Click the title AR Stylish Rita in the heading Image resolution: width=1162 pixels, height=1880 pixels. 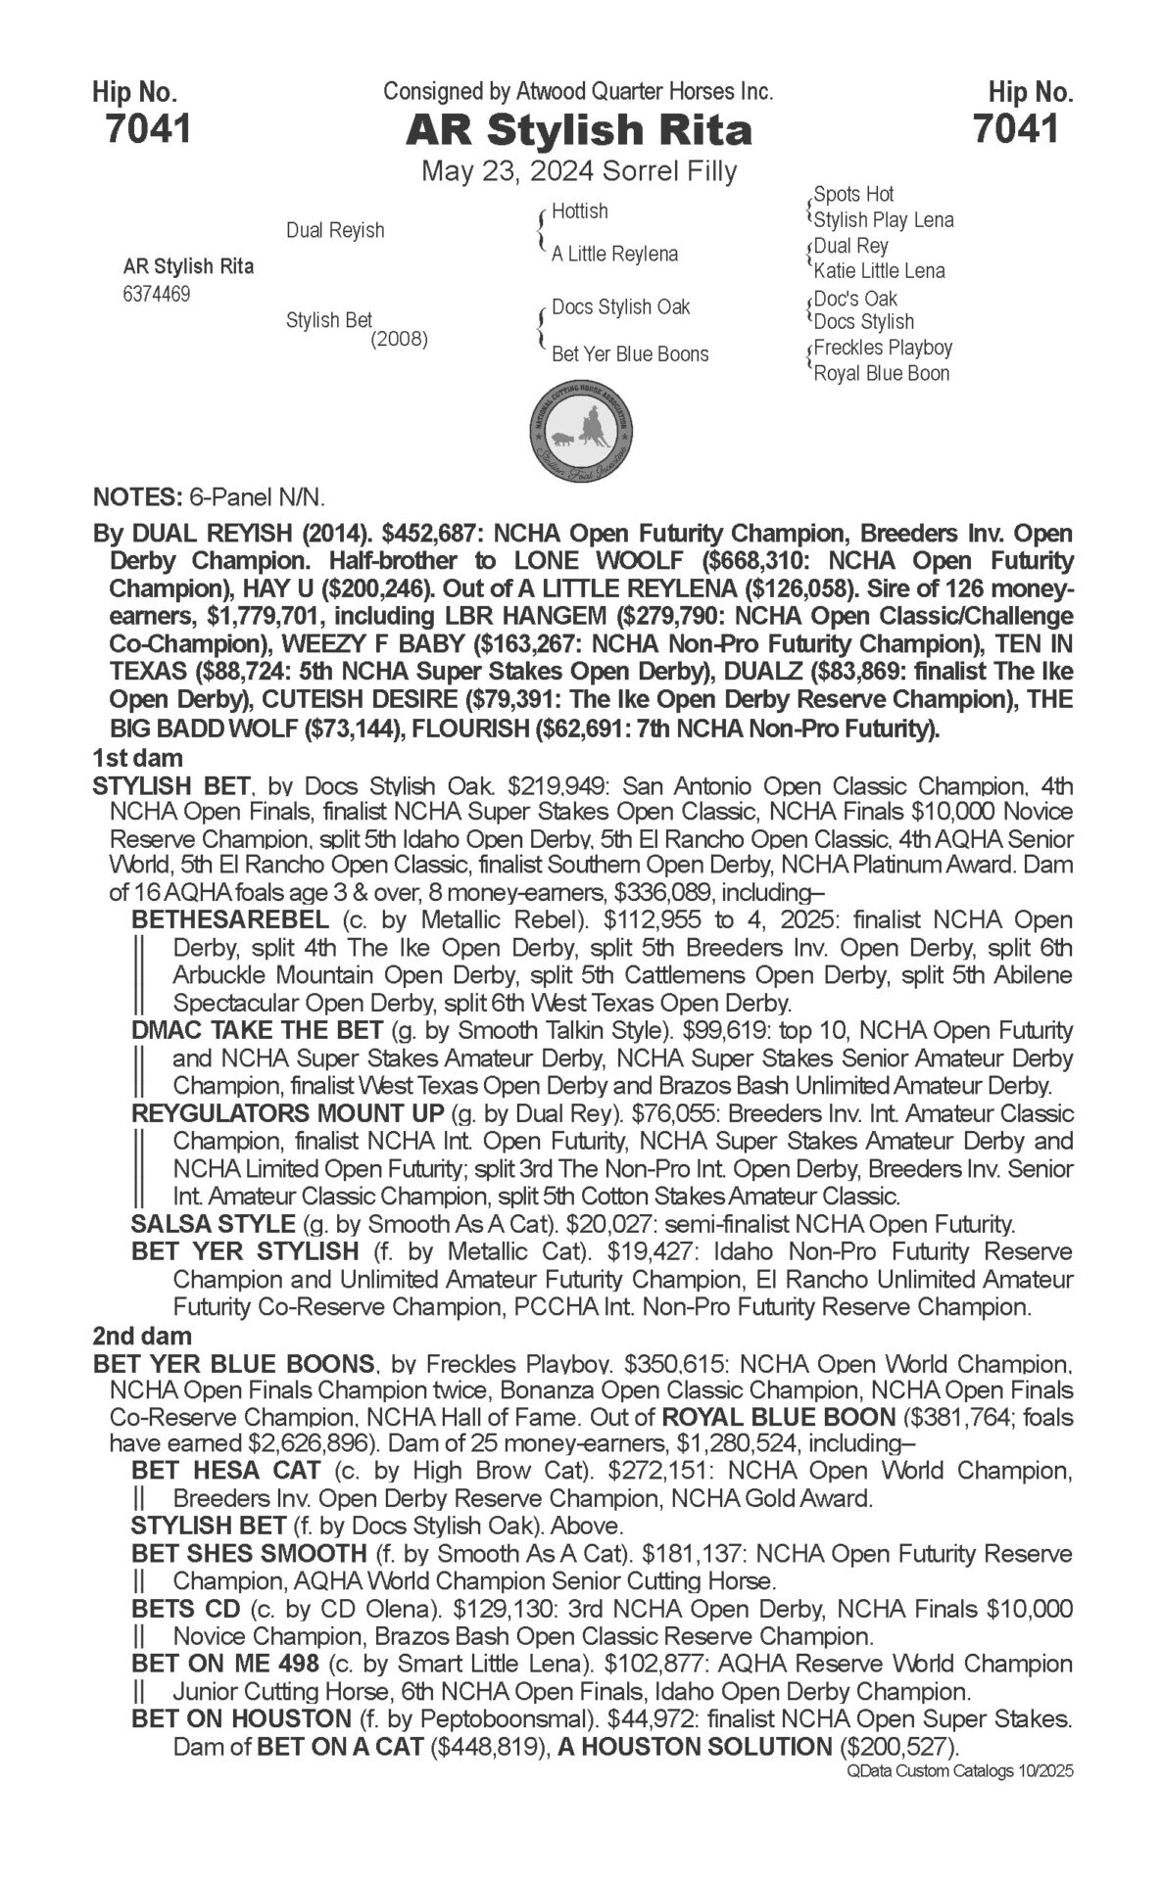tap(579, 130)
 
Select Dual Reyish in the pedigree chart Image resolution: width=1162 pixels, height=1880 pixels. tap(335, 230)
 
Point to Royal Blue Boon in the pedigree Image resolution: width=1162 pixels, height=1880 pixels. tap(881, 373)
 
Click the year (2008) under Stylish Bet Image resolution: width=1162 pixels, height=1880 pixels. tap(399, 341)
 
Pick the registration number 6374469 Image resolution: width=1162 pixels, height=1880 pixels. tap(157, 294)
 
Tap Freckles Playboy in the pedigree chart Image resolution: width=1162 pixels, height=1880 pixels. tap(883, 348)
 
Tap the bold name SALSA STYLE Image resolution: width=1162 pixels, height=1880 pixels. tap(213, 1224)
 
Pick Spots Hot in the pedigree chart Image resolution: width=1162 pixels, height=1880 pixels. tap(853, 194)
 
